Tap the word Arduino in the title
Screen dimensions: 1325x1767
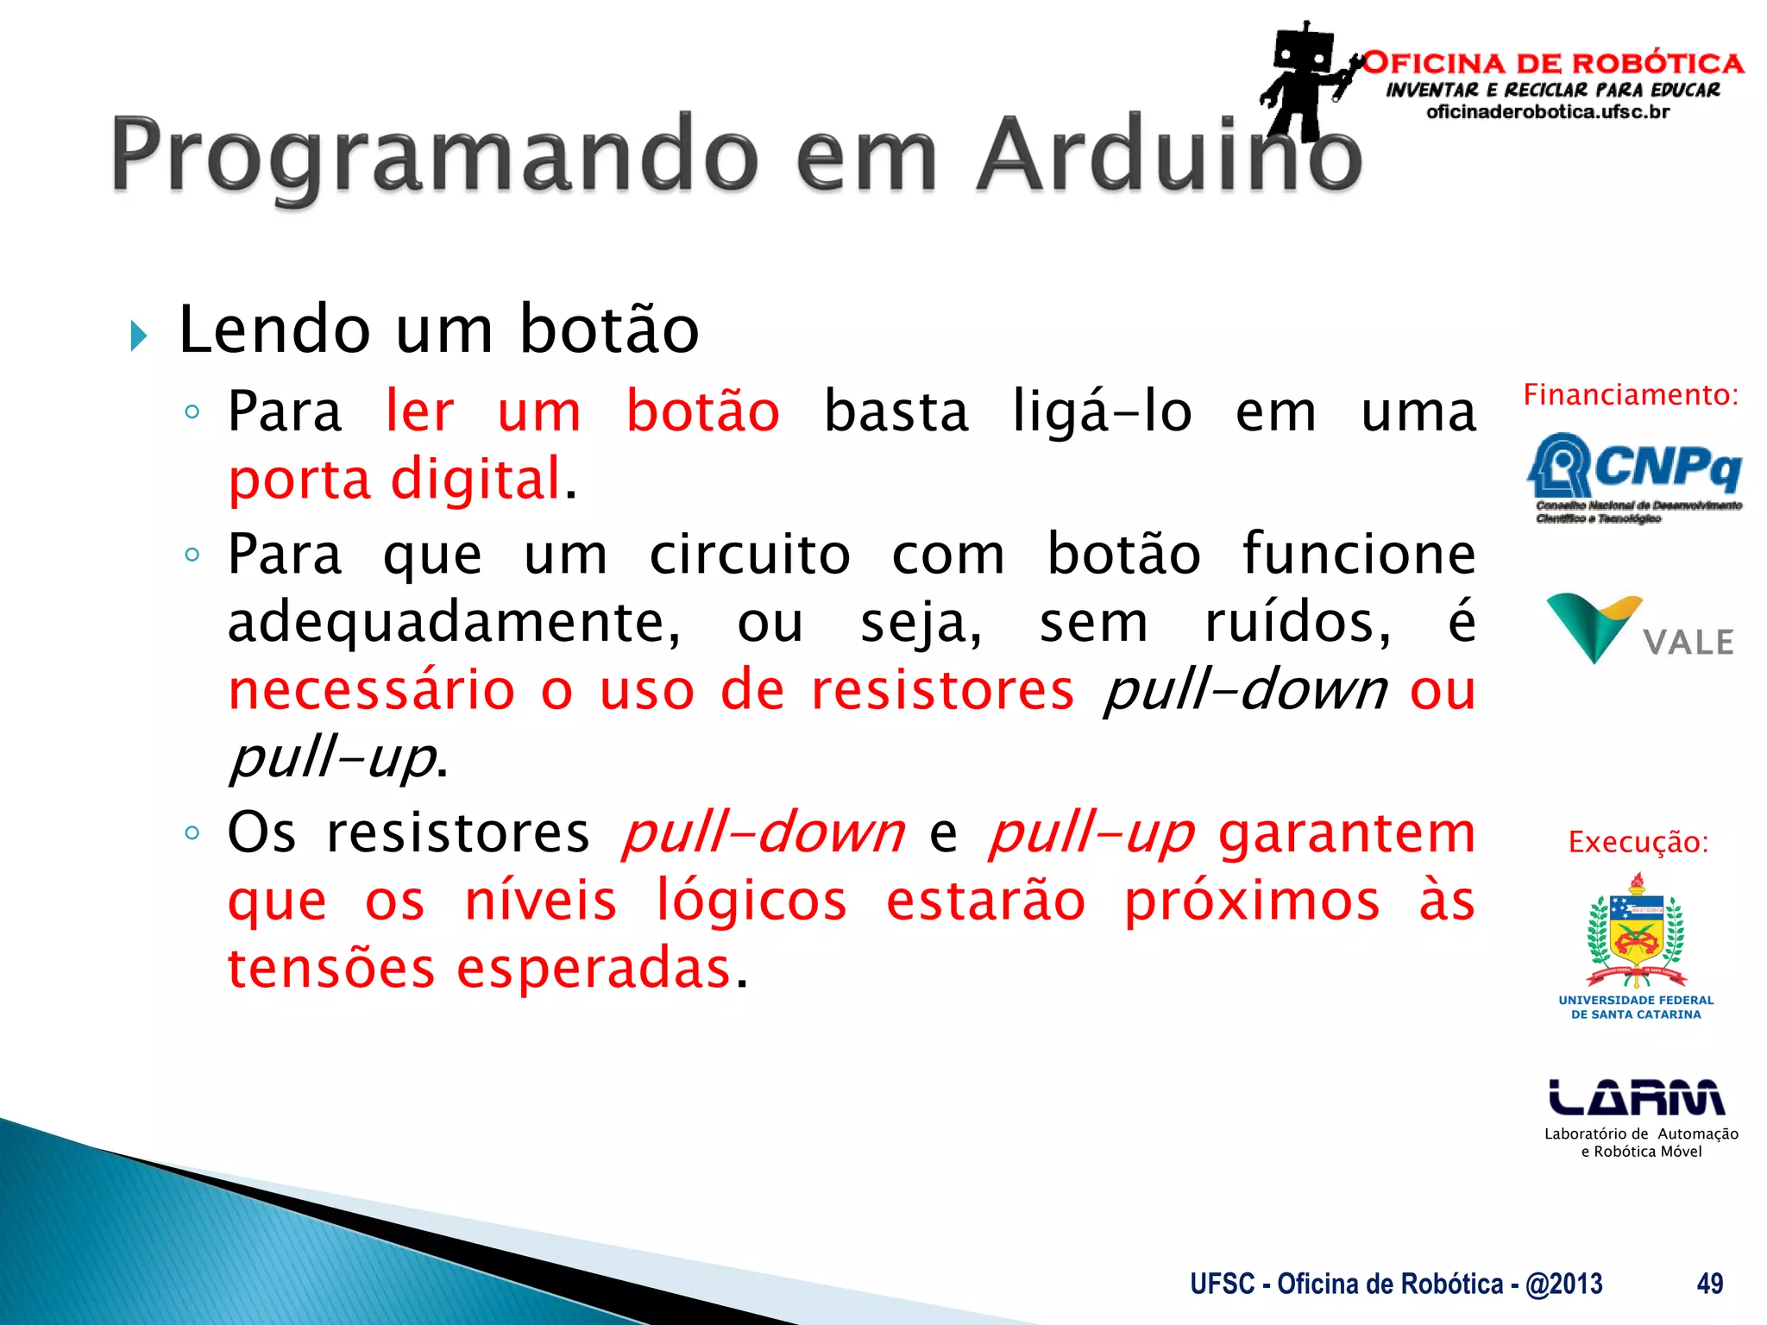pos(1169,155)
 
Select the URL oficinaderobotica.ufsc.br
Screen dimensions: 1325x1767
pos(1548,112)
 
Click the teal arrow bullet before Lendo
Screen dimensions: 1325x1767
pos(138,336)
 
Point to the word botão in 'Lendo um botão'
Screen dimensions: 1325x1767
pos(609,330)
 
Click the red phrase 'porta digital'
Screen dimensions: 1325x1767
pos(395,480)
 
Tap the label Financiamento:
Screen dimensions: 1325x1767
pos(1630,395)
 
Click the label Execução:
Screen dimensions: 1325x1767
pos(1638,842)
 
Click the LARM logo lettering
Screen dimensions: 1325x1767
pos(1636,1097)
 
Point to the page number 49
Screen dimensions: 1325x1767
pos(1709,1284)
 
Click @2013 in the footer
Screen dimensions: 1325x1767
pos(1563,1284)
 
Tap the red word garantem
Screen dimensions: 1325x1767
pos(1346,834)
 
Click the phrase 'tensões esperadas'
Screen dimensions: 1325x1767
pos(480,969)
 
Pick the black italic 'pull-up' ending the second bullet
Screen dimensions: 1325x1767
pos(332,758)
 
